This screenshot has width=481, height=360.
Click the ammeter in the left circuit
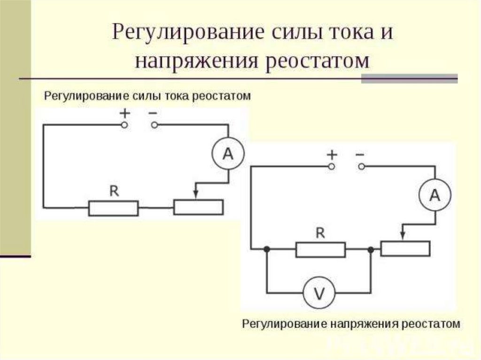click(x=228, y=153)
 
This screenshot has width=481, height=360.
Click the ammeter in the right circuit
click(x=435, y=195)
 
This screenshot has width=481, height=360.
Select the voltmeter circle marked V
click(x=319, y=293)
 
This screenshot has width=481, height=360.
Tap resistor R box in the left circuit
click(x=114, y=208)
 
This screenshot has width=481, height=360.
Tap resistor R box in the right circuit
click(x=320, y=250)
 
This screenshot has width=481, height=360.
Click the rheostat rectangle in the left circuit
click(x=199, y=207)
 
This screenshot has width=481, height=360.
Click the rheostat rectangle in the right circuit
click(x=405, y=249)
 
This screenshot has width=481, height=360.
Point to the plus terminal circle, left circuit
click(x=124, y=125)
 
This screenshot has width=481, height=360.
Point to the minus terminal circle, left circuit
click(x=155, y=125)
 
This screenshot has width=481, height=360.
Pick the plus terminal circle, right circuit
click(x=331, y=167)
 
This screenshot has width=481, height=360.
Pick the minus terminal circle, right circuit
click(x=362, y=167)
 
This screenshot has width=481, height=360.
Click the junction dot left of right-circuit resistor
click(x=267, y=250)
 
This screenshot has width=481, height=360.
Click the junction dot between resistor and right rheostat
click(x=371, y=250)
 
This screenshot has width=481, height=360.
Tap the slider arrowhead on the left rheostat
click(x=196, y=195)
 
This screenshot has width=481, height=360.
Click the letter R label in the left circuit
click(x=114, y=191)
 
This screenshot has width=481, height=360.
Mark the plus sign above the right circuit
click(x=332, y=154)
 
